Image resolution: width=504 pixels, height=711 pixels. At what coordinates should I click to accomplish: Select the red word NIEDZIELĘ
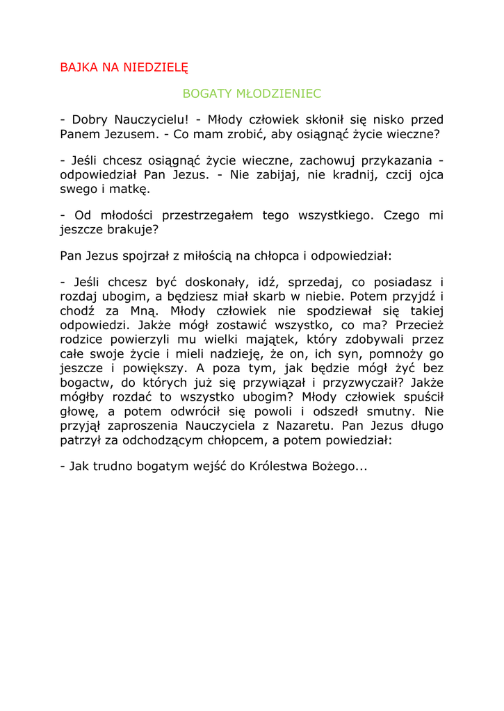click(x=156, y=67)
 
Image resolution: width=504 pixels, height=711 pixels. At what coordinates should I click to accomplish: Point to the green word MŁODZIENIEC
click(x=278, y=93)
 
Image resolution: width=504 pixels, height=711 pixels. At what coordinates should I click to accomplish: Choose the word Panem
click(x=81, y=134)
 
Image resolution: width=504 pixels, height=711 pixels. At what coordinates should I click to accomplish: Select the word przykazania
click(x=400, y=160)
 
